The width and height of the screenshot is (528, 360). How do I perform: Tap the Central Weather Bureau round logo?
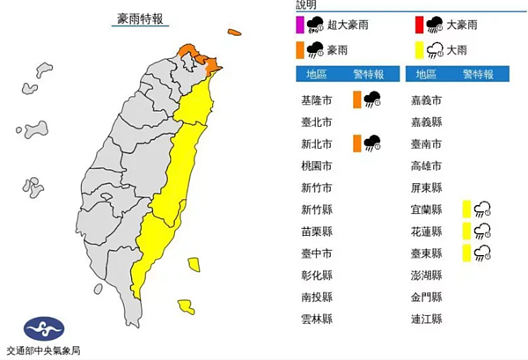pos(44,329)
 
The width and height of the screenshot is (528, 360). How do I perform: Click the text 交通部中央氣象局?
pos(44,350)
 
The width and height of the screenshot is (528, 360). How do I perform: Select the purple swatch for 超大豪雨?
pos(300,25)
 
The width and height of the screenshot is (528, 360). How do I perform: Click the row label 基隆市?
pos(316,99)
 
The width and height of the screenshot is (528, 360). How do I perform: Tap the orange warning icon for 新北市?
pos(367,143)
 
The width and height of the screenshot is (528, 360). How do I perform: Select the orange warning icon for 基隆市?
pos(367,99)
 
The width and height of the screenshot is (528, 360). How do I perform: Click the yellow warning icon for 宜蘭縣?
pos(476,209)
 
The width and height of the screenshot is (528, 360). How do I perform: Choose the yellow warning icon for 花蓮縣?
pos(476,231)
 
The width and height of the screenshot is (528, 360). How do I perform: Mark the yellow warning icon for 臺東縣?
pos(476,253)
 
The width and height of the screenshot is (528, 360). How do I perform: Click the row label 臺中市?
pos(316,253)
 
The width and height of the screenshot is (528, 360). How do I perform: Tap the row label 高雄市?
pos(427,165)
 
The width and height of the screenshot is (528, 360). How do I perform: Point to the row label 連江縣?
pos(427,320)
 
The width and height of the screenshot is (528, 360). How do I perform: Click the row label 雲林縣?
pos(316,320)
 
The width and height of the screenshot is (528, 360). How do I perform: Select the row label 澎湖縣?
pos(427,276)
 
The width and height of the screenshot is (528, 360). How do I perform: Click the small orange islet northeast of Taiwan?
pos(233,33)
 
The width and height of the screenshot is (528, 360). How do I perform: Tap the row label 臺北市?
pos(316,121)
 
